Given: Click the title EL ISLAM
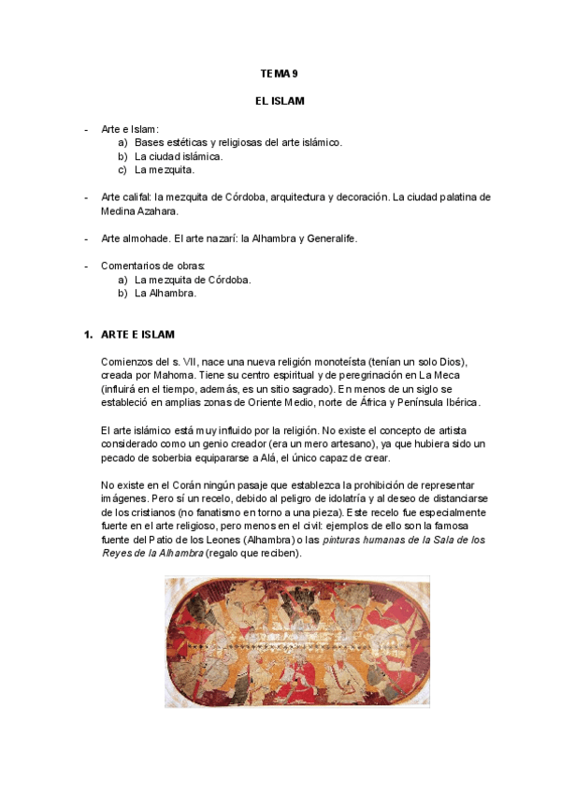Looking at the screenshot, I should (280, 100).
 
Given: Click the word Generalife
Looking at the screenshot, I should (327, 238).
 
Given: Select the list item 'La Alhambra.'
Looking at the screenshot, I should (165, 293).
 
